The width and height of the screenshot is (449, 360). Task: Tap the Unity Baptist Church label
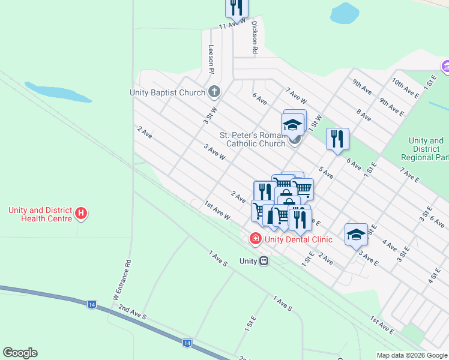pos(167,92)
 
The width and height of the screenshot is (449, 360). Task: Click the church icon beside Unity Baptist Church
pos(214,92)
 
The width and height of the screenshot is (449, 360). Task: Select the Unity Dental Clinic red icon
pos(256,239)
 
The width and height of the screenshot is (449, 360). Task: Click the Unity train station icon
pos(264,261)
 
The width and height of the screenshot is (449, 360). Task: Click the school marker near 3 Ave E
pos(356,234)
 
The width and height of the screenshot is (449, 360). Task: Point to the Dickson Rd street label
pos(255,38)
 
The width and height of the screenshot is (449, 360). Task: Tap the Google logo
pos(20,353)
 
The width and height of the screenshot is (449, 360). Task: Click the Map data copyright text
pos(412,355)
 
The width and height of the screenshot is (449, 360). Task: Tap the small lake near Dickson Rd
pos(344,13)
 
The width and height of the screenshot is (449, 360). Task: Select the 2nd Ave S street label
pos(132,312)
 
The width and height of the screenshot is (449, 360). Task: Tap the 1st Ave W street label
pos(217,211)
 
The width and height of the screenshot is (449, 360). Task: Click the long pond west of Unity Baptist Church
pos(58,92)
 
